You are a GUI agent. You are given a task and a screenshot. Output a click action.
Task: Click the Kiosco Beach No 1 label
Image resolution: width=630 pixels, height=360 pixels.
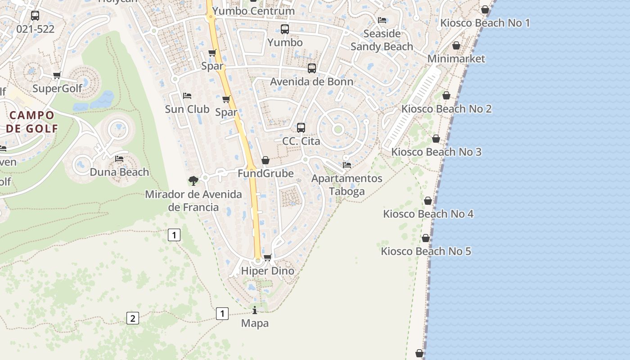(x=485, y=23)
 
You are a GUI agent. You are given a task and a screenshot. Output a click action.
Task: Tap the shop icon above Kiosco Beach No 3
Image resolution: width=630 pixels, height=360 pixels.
(x=436, y=139)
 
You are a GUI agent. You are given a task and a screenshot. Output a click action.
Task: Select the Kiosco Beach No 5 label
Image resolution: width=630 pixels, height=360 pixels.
(x=426, y=251)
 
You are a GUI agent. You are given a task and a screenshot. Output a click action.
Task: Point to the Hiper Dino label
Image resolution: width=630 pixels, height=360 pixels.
(x=267, y=271)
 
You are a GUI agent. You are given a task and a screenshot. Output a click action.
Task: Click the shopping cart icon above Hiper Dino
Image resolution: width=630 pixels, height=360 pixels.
(x=267, y=257)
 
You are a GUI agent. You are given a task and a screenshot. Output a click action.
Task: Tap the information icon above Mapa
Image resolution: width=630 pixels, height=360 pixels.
(x=255, y=310)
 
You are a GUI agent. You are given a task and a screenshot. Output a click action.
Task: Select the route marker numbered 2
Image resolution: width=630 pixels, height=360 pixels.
(x=132, y=318)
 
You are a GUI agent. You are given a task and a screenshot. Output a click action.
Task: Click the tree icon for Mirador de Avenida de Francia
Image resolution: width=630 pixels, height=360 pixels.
(x=193, y=181)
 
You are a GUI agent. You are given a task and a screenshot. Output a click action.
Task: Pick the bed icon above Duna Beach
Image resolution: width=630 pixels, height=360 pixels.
(x=119, y=159)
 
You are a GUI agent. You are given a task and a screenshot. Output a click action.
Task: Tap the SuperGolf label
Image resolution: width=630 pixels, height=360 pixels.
(x=57, y=88)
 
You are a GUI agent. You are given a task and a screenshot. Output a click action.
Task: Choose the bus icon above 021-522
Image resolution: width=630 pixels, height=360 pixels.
(x=35, y=16)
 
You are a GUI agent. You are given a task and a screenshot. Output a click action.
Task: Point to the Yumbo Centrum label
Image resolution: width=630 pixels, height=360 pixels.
(x=253, y=11)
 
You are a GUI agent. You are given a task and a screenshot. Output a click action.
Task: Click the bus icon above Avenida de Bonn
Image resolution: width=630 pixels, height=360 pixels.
(x=312, y=68)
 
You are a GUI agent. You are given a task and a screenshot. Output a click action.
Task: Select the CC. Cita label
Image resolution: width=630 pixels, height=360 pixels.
(x=301, y=141)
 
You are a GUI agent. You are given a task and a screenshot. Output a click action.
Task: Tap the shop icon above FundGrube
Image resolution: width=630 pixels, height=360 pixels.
(x=265, y=160)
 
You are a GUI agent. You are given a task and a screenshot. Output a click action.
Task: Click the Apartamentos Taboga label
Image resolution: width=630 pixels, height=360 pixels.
(x=346, y=185)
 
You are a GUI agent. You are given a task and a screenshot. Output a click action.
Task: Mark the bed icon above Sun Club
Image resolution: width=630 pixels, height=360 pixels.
(x=187, y=96)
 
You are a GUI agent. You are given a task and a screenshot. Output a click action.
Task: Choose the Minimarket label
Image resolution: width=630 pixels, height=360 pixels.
(x=456, y=58)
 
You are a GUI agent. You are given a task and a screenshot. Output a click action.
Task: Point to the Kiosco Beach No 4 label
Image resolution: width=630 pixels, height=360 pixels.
(x=428, y=214)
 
